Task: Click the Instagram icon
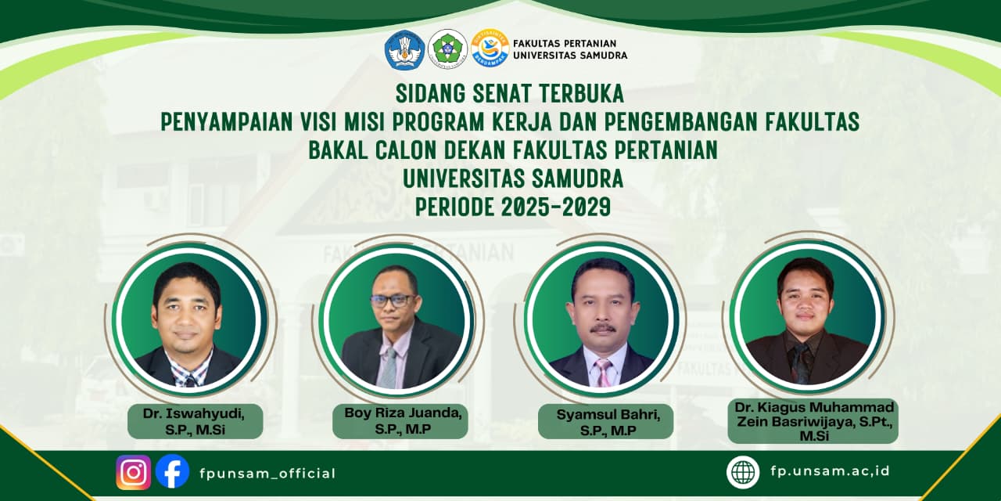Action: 133,472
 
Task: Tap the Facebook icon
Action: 173,471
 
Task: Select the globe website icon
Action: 743,472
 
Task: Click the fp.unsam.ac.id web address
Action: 831,471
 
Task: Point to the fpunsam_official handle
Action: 267,474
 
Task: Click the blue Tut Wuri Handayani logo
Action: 404,49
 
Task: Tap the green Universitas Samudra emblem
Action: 448,49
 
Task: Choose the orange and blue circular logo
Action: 490,49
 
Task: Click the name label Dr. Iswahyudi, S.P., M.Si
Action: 195,421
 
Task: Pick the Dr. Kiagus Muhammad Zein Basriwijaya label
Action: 814,421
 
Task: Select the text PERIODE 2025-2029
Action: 512,207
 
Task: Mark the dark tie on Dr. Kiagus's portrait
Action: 801,363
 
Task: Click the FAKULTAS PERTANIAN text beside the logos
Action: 565,43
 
